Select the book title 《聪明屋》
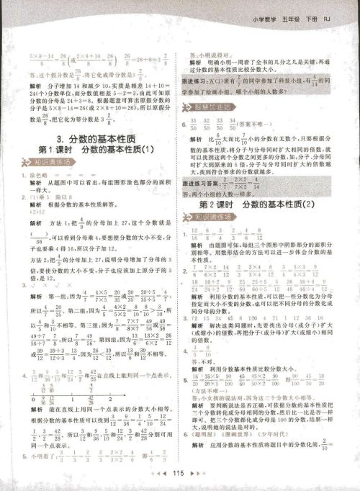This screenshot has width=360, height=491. click(210, 455)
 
